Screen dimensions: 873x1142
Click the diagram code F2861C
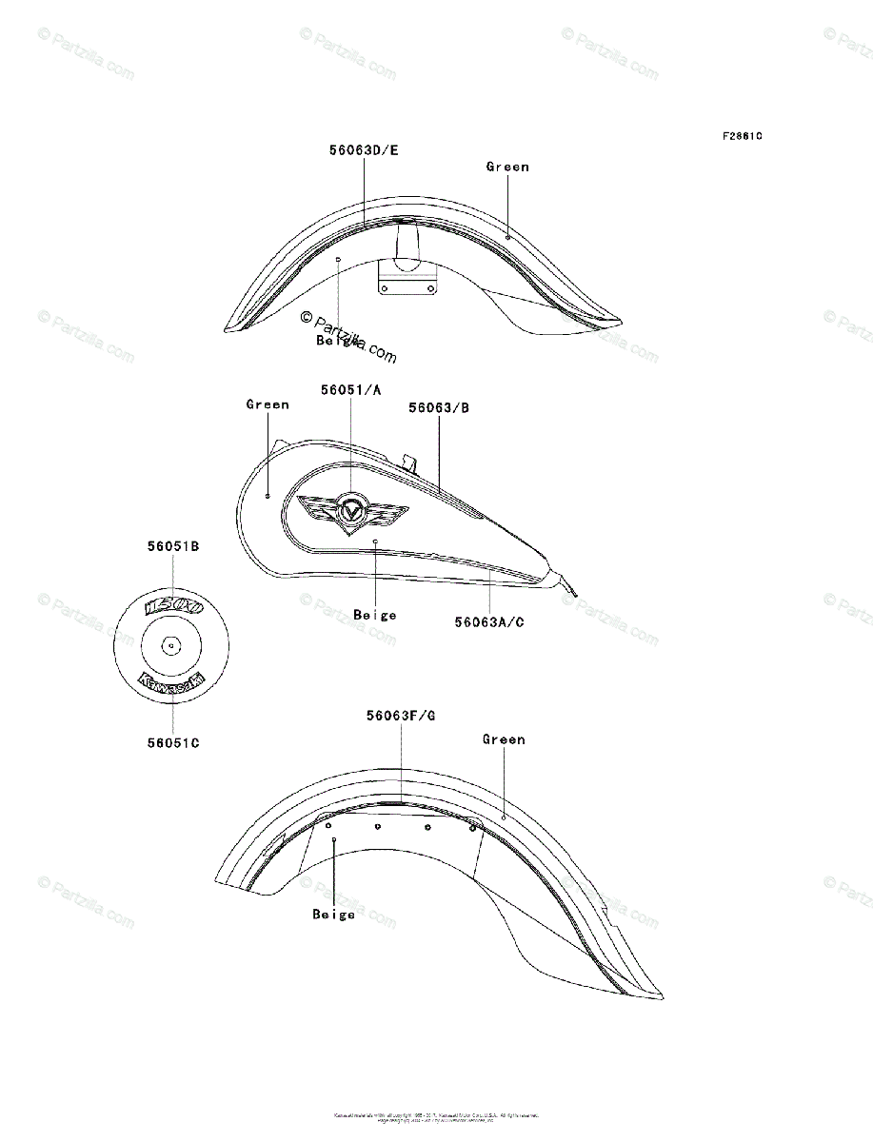click(x=742, y=136)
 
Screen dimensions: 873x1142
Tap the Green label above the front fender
click(x=507, y=167)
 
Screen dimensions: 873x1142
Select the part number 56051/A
click(x=350, y=389)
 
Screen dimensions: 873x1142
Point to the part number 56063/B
click(x=439, y=407)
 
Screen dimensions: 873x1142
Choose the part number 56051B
click(x=172, y=547)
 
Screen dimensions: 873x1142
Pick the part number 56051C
click(x=172, y=742)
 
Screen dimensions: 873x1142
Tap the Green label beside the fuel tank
click(x=268, y=404)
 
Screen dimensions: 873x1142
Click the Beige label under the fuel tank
click(x=375, y=615)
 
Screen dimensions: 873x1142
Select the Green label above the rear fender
click(x=504, y=739)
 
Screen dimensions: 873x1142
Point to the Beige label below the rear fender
click(x=333, y=915)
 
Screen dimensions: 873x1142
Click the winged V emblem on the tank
click(x=351, y=512)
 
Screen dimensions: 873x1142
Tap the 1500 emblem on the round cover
click(x=171, y=606)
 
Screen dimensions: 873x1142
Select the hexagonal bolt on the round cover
click(x=170, y=645)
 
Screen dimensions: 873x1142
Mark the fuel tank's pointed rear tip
click(x=571, y=596)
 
